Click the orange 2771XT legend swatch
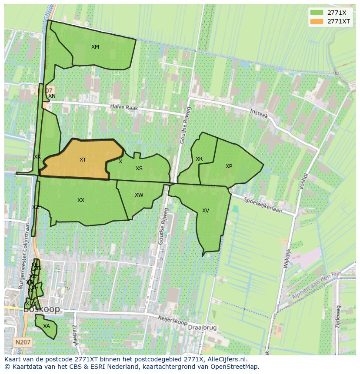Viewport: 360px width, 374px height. pos(317,21)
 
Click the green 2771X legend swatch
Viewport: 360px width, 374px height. pos(317,13)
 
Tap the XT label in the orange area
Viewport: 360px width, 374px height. pos(83,160)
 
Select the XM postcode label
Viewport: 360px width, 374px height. pos(95,47)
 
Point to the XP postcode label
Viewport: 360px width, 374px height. pos(229,166)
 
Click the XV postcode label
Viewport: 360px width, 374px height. pos(206,211)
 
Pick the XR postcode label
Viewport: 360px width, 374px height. pos(199,159)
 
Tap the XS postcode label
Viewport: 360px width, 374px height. pos(139,169)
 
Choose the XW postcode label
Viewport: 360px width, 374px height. pos(139,195)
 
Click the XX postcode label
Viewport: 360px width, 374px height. pos(81,200)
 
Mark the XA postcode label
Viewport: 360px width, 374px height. pos(47,326)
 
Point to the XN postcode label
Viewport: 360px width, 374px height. pos(52,96)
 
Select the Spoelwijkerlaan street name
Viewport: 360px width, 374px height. pos(263,205)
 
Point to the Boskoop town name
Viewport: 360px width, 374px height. pos(42,310)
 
